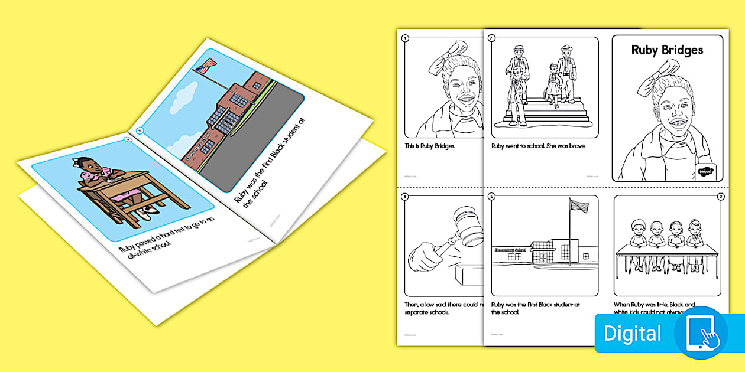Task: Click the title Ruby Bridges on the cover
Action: coord(667,50)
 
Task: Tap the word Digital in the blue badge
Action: coord(632,334)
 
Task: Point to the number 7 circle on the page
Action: coord(491,38)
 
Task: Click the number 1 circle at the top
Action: coord(405,38)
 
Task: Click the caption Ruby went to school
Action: coord(538,146)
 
